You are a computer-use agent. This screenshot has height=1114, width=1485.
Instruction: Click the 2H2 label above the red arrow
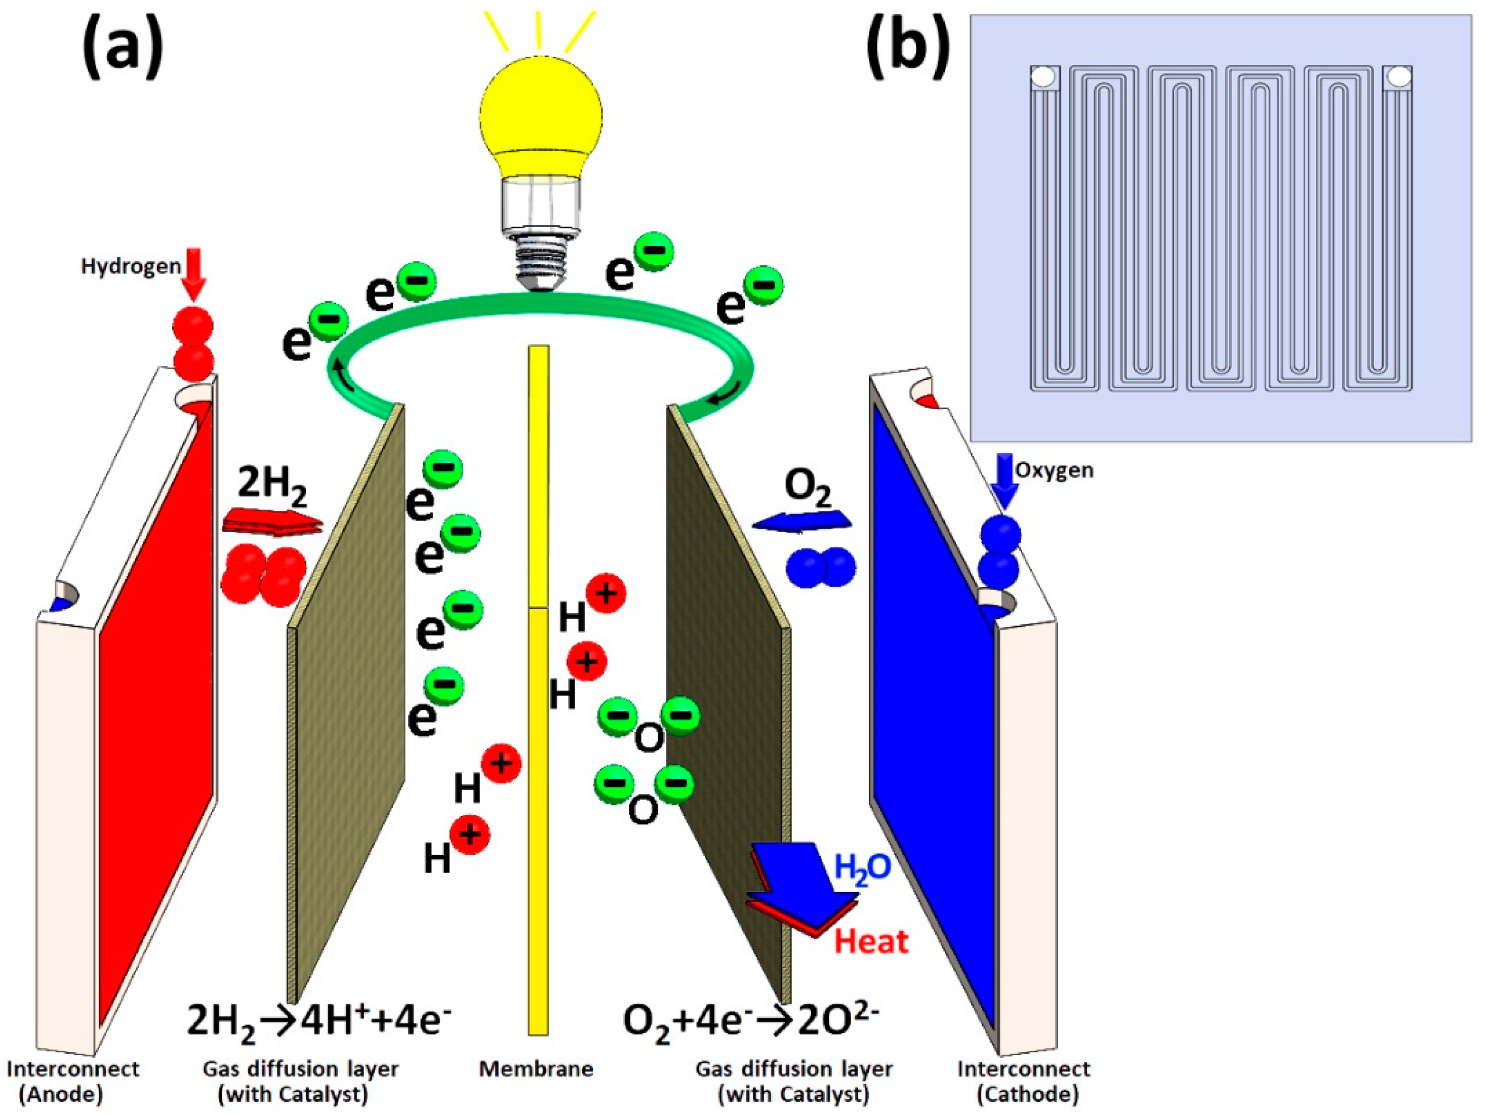(272, 485)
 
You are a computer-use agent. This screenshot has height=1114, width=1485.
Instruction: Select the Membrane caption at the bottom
(536, 1069)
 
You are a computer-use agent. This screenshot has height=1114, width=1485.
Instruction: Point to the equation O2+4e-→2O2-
(750, 1022)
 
